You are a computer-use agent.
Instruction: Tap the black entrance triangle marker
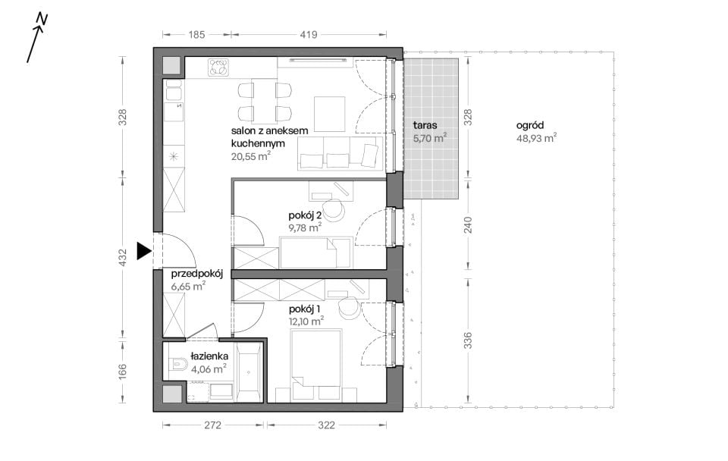click(144, 251)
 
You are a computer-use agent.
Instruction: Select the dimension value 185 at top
click(196, 34)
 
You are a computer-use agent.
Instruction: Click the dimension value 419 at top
click(309, 34)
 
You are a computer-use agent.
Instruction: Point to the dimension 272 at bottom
click(212, 425)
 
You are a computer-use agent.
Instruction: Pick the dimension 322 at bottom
click(326, 425)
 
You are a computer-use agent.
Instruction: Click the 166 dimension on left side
click(123, 372)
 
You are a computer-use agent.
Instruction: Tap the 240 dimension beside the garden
click(468, 224)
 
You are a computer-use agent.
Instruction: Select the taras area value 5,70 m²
click(430, 137)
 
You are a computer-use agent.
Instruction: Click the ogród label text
click(530, 125)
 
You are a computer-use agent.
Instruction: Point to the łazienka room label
click(209, 356)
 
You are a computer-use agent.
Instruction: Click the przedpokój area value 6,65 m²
click(188, 286)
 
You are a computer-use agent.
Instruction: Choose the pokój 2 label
click(305, 215)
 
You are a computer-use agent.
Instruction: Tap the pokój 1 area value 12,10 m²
click(306, 321)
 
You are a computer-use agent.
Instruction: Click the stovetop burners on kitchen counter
click(218, 67)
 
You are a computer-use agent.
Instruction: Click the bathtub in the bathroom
click(249, 373)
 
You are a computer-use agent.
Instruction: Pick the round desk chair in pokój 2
click(334, 210)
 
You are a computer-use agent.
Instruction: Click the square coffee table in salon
click(330, 114)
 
